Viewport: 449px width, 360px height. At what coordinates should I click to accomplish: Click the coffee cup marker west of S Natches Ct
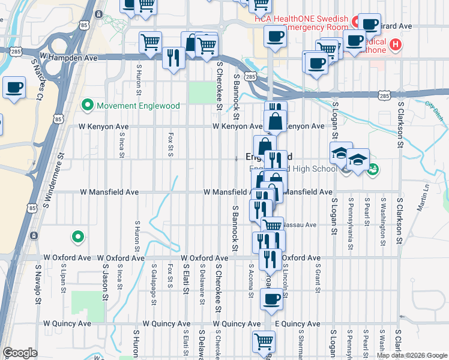coord(14,88)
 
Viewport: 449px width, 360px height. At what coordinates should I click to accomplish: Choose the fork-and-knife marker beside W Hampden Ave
coord(173,58)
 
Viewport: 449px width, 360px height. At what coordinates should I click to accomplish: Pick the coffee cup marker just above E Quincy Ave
coord(271,299)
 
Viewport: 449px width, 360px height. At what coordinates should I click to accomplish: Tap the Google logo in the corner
coord(19,353)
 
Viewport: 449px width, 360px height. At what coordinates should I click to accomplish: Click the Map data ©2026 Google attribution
coord(412,355)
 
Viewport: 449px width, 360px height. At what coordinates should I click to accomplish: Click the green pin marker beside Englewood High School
coord(373,169)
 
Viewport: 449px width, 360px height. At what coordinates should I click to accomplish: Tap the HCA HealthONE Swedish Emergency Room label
coord(303,23)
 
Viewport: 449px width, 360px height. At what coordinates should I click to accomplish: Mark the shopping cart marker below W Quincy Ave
coord(263,342)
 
